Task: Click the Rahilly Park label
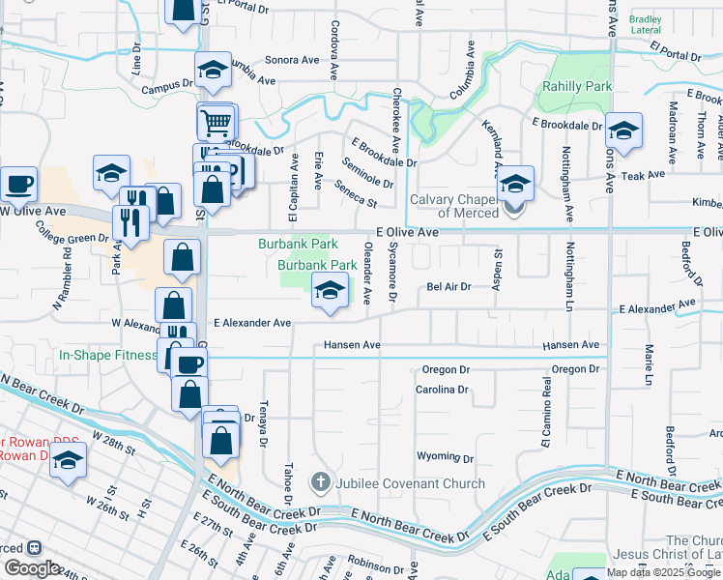586,87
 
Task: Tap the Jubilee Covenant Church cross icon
321,481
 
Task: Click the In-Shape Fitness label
107,355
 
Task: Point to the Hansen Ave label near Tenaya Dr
352,344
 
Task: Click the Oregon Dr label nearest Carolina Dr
445,370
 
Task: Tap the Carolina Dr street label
442,390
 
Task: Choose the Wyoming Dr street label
443,455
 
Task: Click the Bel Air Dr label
448,286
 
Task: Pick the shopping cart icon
217,123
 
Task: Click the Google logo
32,568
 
